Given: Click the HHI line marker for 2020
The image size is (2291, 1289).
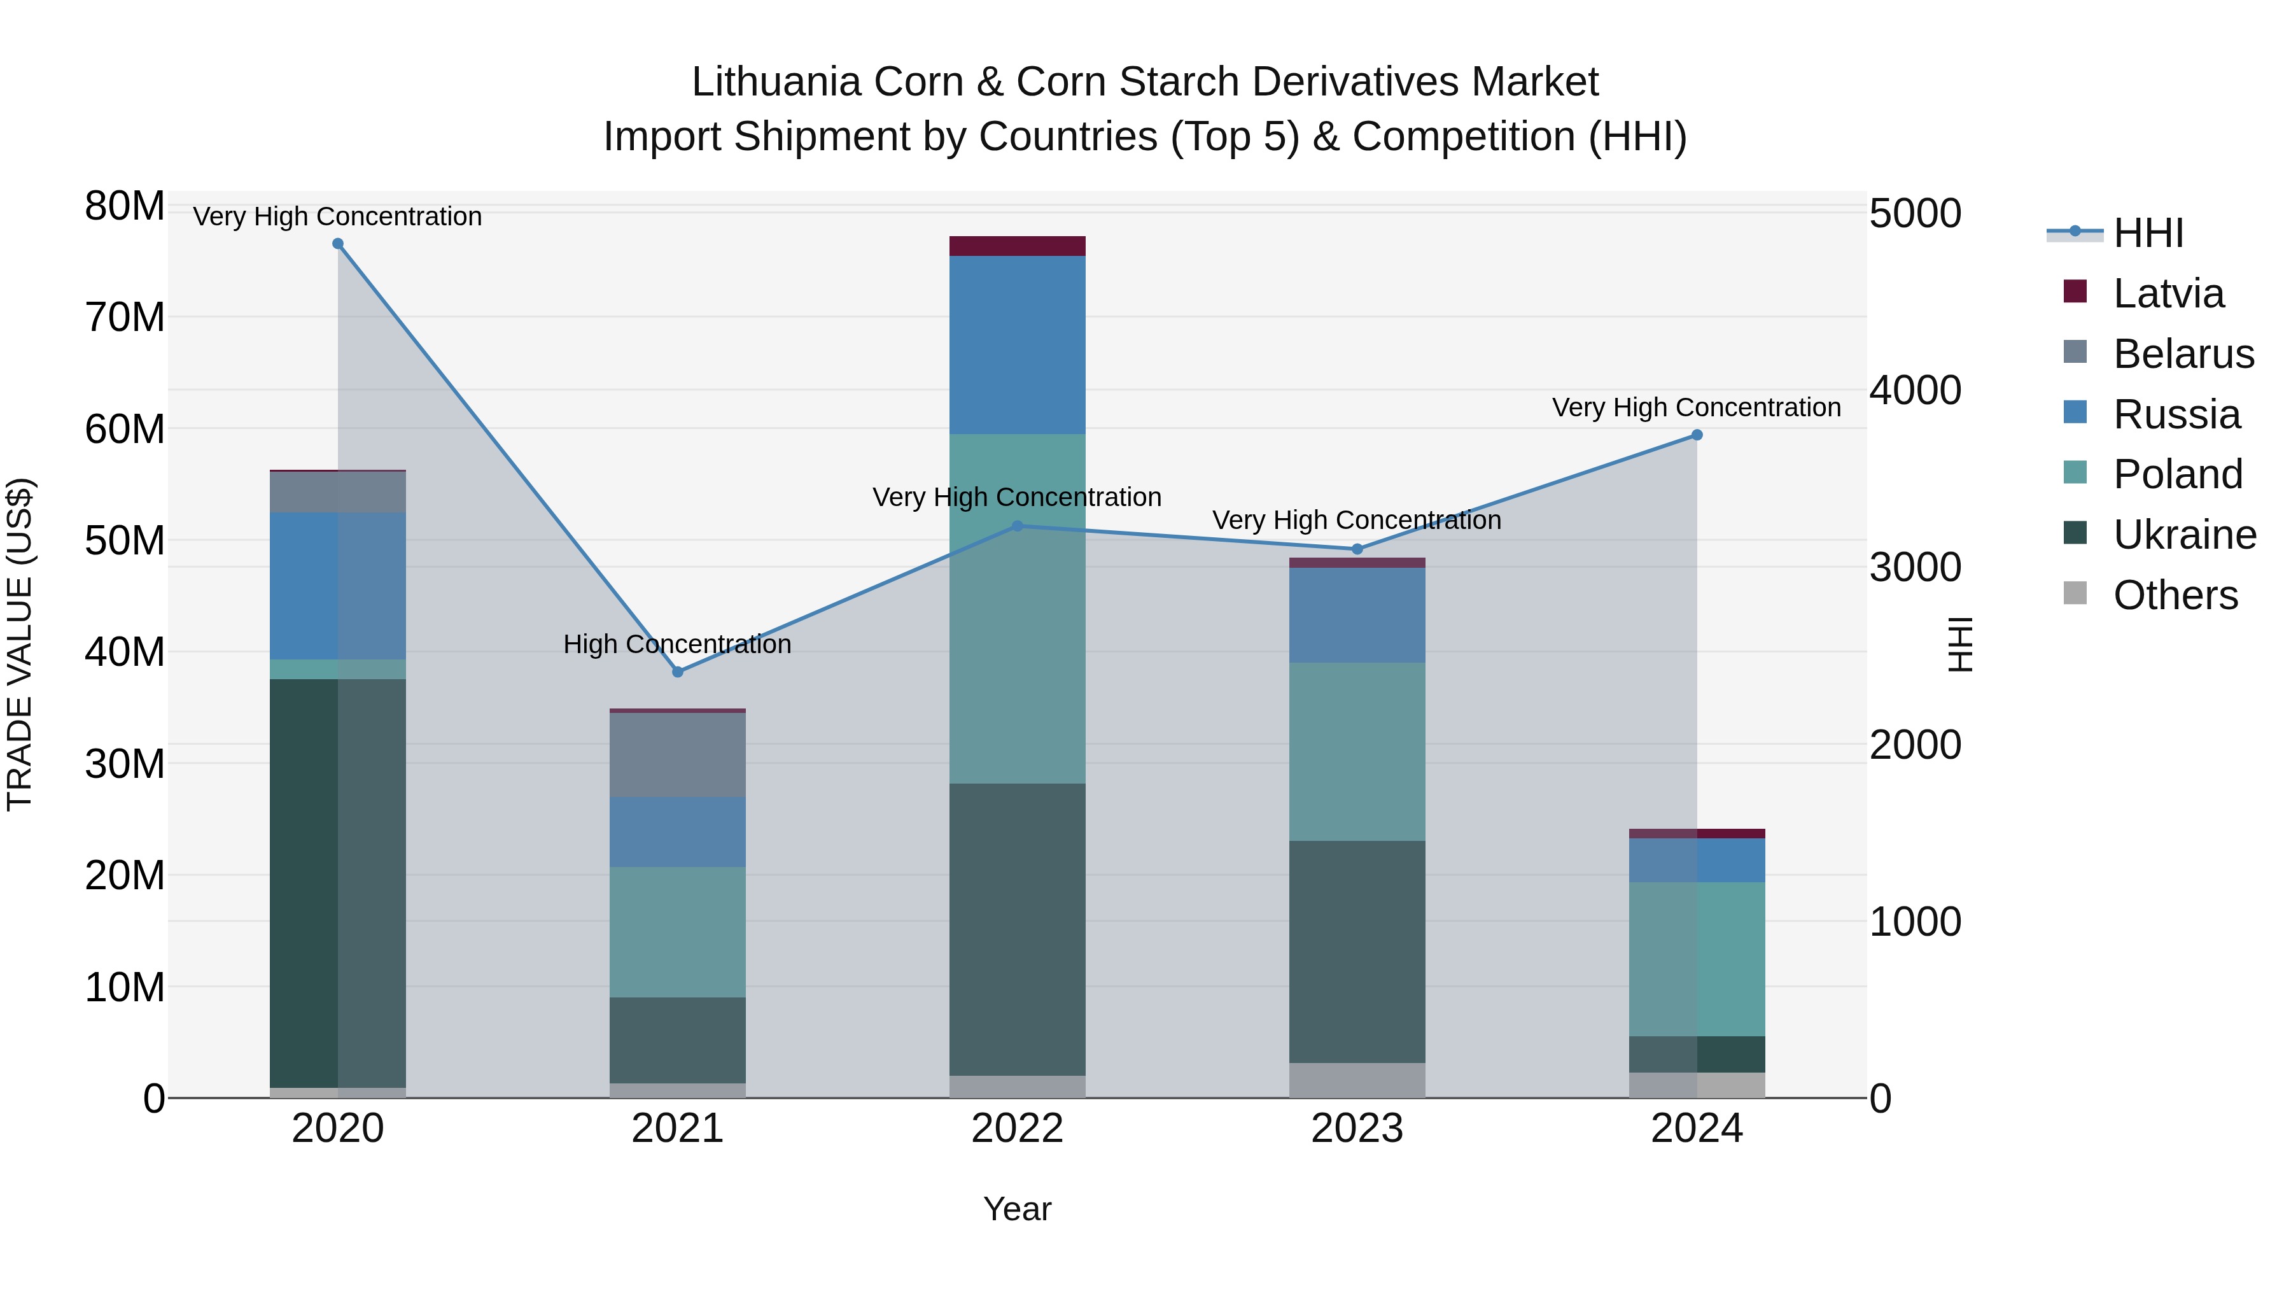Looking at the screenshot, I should click(x=338, y=244).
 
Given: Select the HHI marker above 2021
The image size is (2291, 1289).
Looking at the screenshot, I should click(x=678, y=672).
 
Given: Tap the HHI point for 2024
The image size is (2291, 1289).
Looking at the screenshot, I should click(x=1697, y=435).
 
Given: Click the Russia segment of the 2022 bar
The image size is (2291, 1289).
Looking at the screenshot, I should click(x=1018, y=345).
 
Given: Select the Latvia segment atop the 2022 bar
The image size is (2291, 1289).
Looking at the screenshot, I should click(x=1018, y=246).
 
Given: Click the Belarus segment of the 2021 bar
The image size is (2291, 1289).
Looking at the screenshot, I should click(x=678, y=754).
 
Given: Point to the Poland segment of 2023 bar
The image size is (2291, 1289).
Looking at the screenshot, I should click(x=1357, y=752).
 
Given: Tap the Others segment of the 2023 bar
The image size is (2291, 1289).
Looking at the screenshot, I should click(x=1357, y=1080).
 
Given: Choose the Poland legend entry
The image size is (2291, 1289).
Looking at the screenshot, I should click(x=2177, y=474).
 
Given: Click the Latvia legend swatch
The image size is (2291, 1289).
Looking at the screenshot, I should click(x=2075, y=291).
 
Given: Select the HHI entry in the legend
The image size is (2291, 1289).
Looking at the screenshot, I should click(x=2148, y=233).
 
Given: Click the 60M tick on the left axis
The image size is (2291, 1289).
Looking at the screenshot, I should click(x=125, y=429).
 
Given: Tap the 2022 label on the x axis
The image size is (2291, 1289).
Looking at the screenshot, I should click(x=1018, y=1129).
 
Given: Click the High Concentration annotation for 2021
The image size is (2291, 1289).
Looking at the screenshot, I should click(x=678, y=644).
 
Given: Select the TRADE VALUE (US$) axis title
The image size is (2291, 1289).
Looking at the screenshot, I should click(x=20, y=644).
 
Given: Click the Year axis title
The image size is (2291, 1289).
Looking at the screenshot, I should click(x=1018, y=1209).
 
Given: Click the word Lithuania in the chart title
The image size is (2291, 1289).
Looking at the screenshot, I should click(x=776, y=82).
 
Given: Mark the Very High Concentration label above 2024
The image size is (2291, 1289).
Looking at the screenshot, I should click(x=1697, y=407).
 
